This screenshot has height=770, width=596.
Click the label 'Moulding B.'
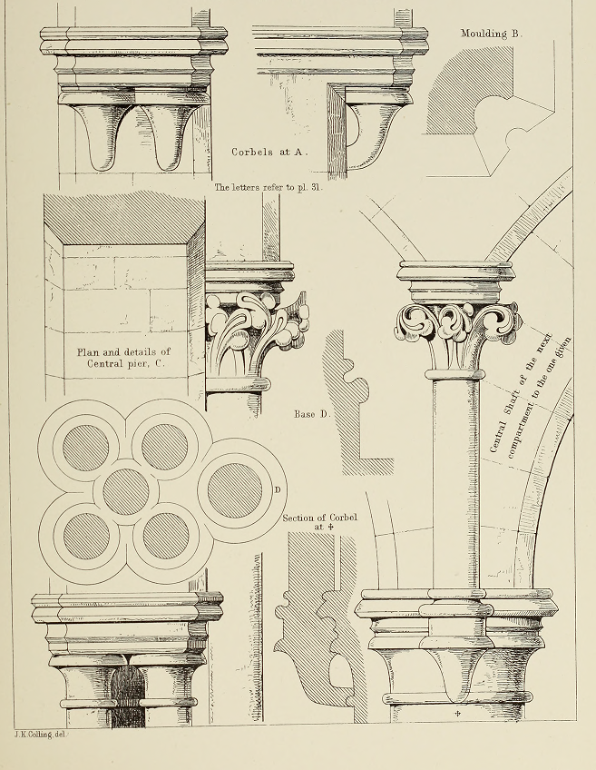(x=492, y=34)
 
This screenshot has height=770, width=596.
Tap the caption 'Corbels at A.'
(x=269, y=153)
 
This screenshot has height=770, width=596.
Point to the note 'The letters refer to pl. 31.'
(x=269, y=187)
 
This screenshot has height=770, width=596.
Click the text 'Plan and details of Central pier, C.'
(x=123, y=358)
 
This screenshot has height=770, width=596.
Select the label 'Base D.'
(x=312, y=414)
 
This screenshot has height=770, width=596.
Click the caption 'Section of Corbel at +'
(x=320, y=522)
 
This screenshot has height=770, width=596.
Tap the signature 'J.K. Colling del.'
(x=40, y=735)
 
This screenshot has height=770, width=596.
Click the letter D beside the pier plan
(x=278, y=489)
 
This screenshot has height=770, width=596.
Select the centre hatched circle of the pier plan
(x=125, y=491)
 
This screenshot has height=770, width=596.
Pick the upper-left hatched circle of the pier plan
(x=86, y=448)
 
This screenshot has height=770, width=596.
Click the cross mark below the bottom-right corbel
(x=458, y=713)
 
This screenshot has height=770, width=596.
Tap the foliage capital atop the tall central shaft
(x=457, y=334)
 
